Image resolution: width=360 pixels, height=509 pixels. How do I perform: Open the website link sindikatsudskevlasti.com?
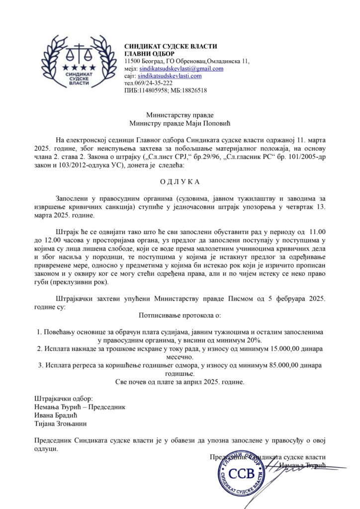click(x=170, y=76)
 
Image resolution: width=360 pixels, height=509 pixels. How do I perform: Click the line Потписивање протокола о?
click(x=180, y=315)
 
